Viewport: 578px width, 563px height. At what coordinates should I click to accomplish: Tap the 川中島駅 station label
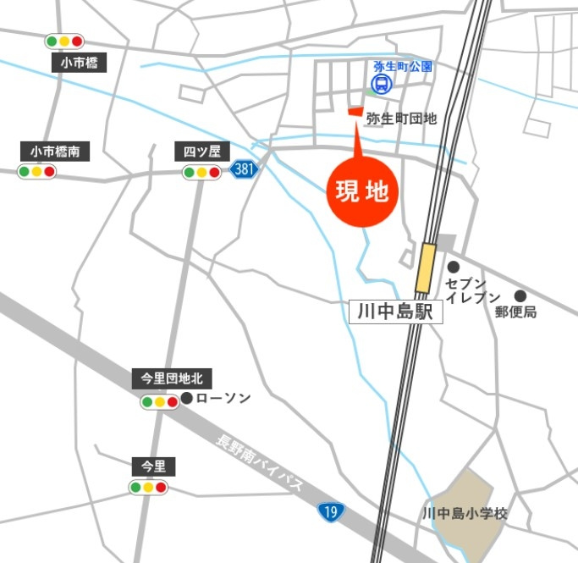[x=395, y=312]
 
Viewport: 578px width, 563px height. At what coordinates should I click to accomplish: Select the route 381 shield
[x=244, y=169]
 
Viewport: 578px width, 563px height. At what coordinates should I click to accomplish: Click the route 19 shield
[x=331, y=511]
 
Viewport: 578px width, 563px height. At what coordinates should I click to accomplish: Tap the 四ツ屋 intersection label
[x=202, y=152]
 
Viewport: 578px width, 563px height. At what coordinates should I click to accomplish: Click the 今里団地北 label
[x=166, y=378]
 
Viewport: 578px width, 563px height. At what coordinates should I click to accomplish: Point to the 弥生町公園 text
[x=403, y=65]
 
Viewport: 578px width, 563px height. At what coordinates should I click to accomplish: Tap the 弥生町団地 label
[x=401, y=119]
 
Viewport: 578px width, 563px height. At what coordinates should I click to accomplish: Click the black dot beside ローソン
[x=186, y=398]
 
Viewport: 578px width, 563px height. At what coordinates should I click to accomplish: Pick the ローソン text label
[x=223, y=398]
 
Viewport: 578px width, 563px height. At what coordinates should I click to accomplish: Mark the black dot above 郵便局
[x=520, y=296]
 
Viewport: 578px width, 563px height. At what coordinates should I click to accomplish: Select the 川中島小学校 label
[x=464, y=513]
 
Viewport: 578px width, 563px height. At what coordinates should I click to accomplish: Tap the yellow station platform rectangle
[x=426, y=268]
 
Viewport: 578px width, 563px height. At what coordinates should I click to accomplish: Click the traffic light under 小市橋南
[x=36, y=172]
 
